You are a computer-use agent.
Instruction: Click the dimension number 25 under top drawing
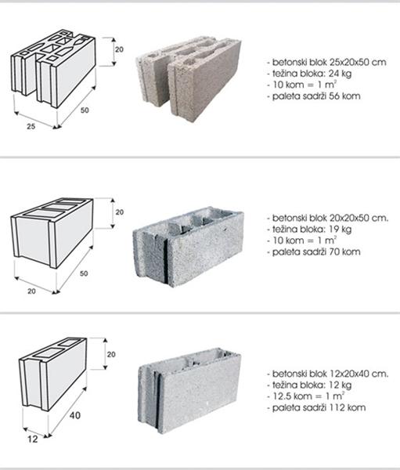click(31, 126)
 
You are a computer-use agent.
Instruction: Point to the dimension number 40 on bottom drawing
click(75, 415)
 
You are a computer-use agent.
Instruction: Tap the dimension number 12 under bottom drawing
click(33, 439)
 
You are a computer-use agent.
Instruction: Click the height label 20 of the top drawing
click(119, 49)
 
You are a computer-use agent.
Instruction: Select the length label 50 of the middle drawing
click(85, 273)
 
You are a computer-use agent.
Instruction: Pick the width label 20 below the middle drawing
click(31, 291)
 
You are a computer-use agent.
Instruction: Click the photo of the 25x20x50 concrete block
click(189, 79)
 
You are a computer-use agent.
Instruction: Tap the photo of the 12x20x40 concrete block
click(189, 391)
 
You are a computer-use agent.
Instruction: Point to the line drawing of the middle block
click(52, 233)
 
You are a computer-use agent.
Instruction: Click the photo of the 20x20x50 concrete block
click(188, 247)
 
